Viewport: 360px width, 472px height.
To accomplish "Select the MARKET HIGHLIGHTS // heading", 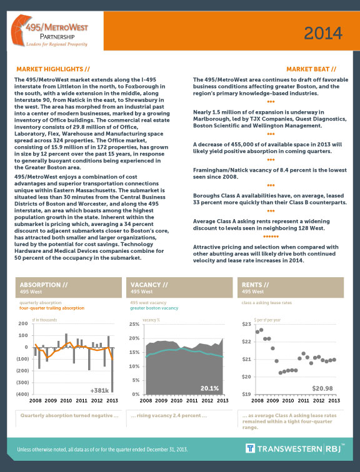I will click(x=53, y=68).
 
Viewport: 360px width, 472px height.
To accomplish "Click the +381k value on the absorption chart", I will click(x=100, y=390).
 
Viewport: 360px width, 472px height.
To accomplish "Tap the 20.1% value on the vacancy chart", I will click(x=209, y=388).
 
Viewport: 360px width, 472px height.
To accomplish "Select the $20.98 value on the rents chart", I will click(x=324, y=388).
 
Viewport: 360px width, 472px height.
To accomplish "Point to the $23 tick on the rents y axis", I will click(x=246, y=325).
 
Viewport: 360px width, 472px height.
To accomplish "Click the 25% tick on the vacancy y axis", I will click(x=133, y=325).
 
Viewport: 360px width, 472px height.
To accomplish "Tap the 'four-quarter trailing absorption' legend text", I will click(x=52, y=308).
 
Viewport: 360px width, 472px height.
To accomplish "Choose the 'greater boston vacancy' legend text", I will click(x=154, y=308).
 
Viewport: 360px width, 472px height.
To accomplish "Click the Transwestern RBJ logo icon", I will click(x=249, y=449).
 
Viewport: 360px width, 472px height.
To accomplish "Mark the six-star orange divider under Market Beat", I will click(x=271, y=237).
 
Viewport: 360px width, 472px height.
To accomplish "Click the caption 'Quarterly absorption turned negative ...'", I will click(x=69, y=415).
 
